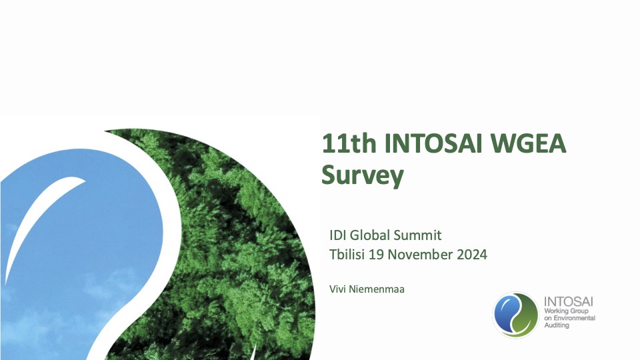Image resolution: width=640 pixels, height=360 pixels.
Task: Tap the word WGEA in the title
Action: (534, 144)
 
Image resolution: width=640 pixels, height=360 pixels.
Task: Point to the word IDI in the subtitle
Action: (338, 235)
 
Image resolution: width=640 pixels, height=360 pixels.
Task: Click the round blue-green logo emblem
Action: (515, 315)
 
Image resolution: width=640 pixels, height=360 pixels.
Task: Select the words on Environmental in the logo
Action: (569, 319)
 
